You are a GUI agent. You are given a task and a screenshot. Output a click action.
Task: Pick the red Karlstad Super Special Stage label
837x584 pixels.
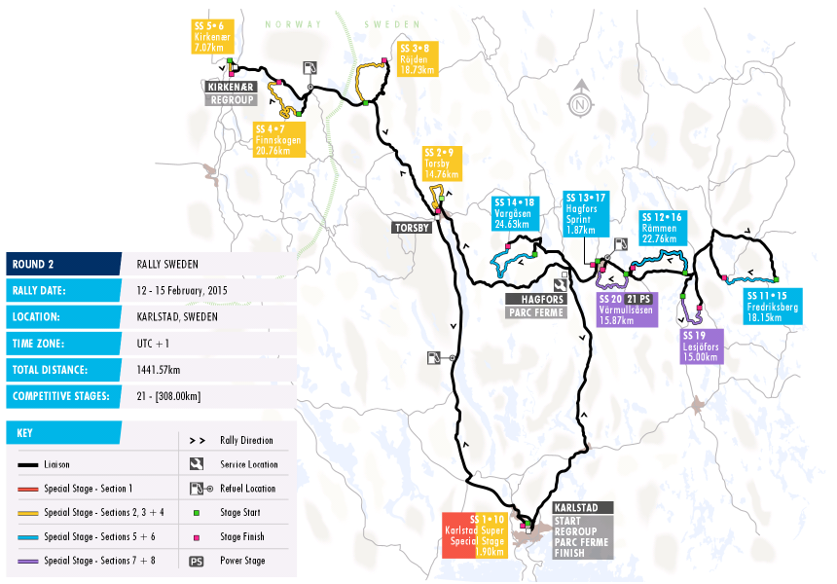pyautogui.click(x=475, y=534)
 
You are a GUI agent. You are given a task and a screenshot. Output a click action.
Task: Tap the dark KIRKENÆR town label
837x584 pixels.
pyautogui.click(x=229, y=86)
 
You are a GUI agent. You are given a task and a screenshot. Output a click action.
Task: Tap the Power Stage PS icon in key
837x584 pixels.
pyautogui.click(x=197, y=561)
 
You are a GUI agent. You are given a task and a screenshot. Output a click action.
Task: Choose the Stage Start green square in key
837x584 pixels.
pyautogui.click(x=197, y=512)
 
